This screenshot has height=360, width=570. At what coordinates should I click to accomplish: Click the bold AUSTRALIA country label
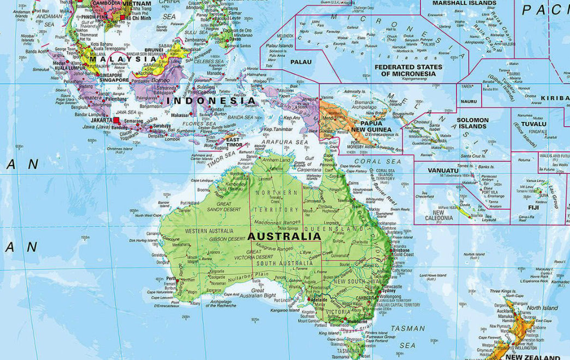point(284,237)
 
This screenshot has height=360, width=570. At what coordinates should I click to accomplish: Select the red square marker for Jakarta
point(116,120)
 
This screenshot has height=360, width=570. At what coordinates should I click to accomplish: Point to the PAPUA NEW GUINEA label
point(371,126)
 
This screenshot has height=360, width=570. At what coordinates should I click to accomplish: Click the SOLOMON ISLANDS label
point(472,123)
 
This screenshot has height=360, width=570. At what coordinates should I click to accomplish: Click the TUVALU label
point(533,123)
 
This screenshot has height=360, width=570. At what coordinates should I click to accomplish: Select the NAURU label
point(468,101)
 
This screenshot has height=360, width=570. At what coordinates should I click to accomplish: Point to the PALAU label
point(301,62)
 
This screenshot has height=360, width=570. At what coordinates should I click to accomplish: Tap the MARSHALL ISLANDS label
point(464,3)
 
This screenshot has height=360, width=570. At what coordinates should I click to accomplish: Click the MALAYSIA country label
point(113,60)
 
